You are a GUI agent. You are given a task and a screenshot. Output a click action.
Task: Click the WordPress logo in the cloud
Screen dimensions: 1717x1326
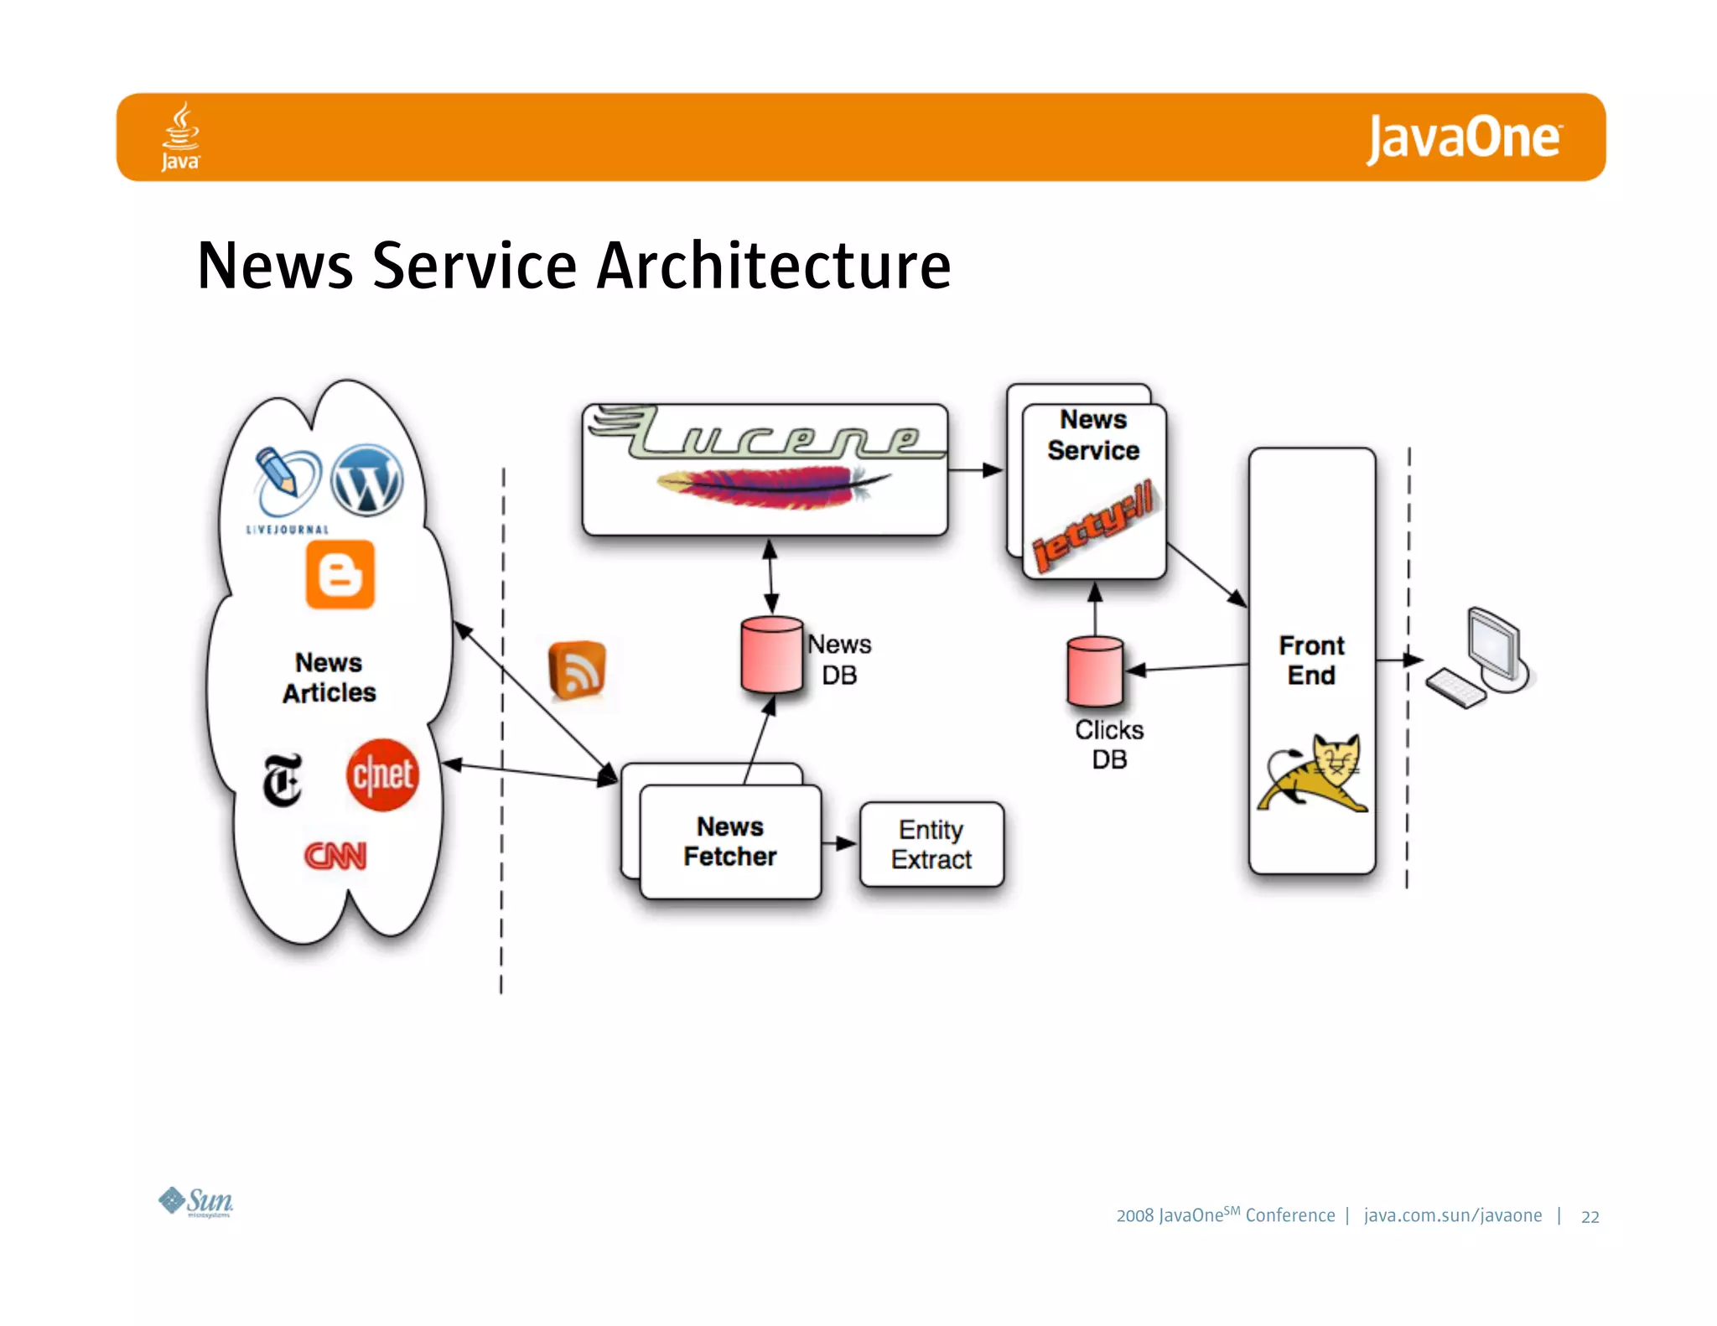click(366, 480)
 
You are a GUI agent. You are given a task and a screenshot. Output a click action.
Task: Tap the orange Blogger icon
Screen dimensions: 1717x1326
click(340, 575)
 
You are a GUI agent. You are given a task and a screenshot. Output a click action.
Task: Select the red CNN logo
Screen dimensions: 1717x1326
click(335, 856)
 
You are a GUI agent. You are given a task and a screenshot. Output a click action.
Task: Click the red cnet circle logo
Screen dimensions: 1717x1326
click(382, 774)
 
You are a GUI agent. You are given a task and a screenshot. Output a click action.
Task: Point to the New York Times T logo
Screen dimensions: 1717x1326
click(283, 780)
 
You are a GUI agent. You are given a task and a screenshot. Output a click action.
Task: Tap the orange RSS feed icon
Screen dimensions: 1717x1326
click(577, 670)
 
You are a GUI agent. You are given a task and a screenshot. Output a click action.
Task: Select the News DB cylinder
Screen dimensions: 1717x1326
click(771, 655)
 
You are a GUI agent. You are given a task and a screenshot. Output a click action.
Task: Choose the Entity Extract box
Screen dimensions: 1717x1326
click(931, 844)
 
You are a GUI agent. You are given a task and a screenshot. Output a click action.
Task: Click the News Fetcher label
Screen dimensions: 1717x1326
click(729, 842)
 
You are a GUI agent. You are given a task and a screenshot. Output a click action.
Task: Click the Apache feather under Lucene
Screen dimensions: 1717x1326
click(771, 486)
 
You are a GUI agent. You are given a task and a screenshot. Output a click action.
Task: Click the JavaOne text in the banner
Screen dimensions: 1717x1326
click(1464, 138)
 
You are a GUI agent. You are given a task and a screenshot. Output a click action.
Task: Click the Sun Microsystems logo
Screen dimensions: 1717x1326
click(196, 1202)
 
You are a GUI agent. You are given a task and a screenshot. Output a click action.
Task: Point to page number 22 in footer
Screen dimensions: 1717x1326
click(1590, 1217)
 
